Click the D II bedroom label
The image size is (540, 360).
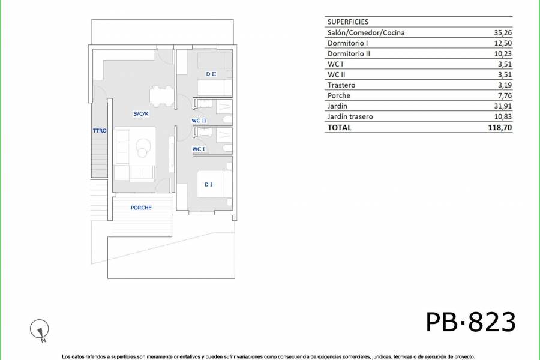[211, 74]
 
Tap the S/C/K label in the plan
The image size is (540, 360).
[140, 113]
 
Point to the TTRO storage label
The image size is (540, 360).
[100, 131]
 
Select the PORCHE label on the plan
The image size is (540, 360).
[141, 208]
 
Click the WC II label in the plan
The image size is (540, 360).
[199, 121]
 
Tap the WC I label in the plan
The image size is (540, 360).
[199, 149]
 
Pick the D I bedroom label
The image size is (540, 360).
[208, 184]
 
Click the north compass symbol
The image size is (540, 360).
[39, 329]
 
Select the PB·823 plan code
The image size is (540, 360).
[470, 322]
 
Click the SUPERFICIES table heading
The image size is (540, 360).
[348, 22]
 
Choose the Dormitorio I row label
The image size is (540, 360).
[348, 43]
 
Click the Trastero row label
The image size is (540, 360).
[342, 85]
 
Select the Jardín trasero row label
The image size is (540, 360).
[350, 116]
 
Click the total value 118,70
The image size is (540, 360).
[500, 127]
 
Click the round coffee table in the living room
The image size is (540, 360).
[144, 145]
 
